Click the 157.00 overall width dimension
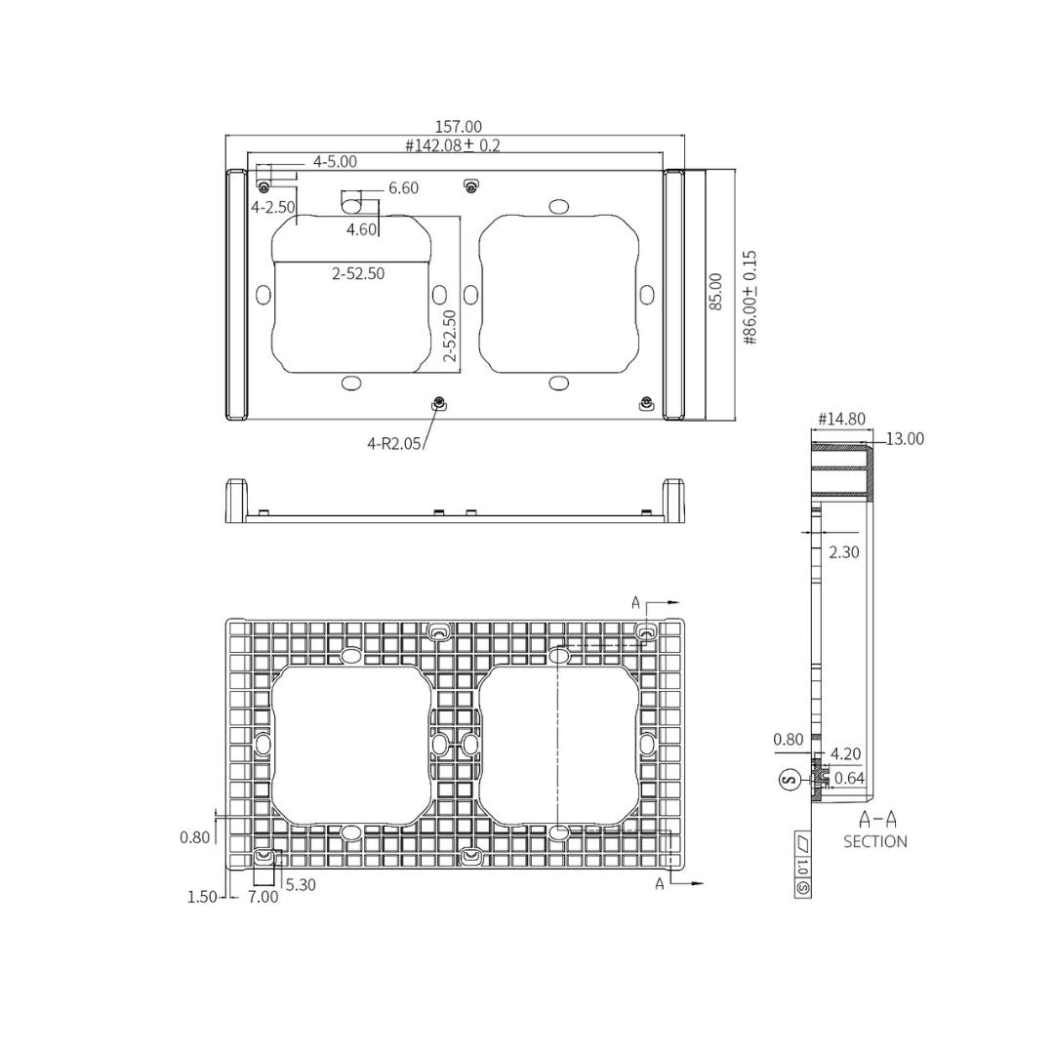pos(458,127)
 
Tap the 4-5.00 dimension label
pos(334,161)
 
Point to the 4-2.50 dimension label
pos(272,207)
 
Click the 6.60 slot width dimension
pos(403,188)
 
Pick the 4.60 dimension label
pos(362,230)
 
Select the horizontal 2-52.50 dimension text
pos(357,274)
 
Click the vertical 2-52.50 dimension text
pos(449,337)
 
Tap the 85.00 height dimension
pos(715,292)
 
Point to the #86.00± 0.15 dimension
pos(750,297)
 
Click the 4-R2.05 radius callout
pos(394,443)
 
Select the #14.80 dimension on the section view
pos(840,419)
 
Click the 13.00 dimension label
pos(904,439)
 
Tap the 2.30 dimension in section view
pos(843,552)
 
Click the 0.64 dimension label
pos(849,778)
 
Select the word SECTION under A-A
pos(874,841)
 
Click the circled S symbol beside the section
pos(790,779)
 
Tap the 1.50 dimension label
pos(202,898)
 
